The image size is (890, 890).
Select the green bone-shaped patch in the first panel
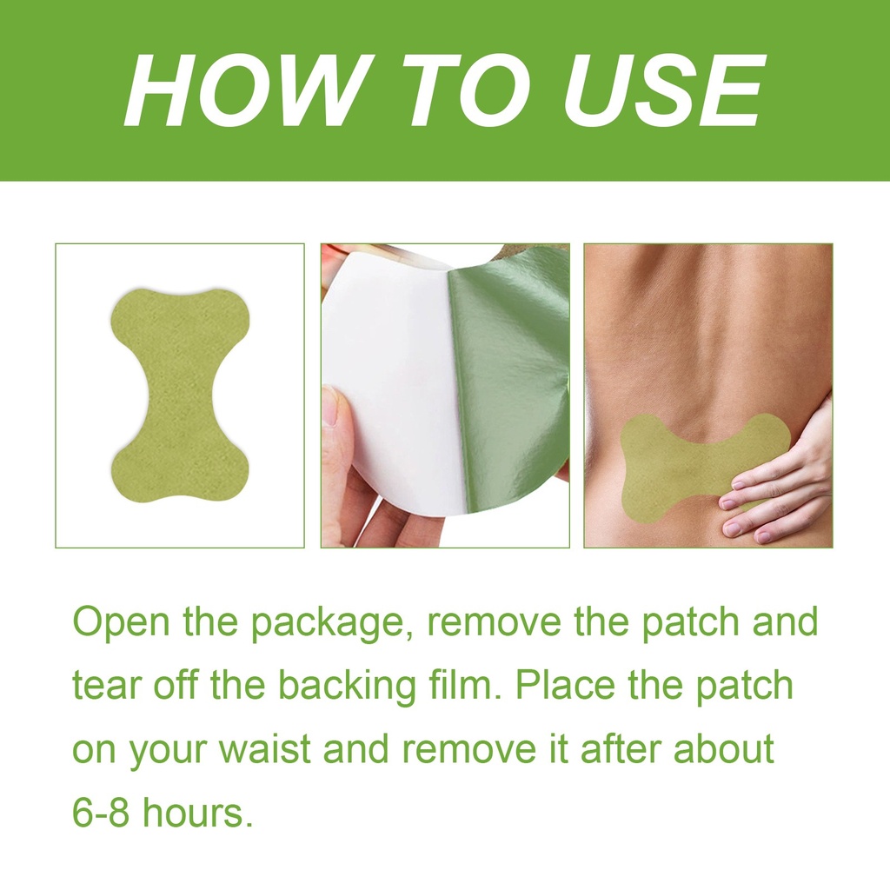(x=179, y=395)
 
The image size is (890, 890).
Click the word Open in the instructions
(x=121, y=622)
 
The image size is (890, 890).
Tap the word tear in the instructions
(x=107, y=685)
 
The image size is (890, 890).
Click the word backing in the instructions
(x=347, y=687)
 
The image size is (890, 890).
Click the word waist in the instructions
(x=265, y=748)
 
